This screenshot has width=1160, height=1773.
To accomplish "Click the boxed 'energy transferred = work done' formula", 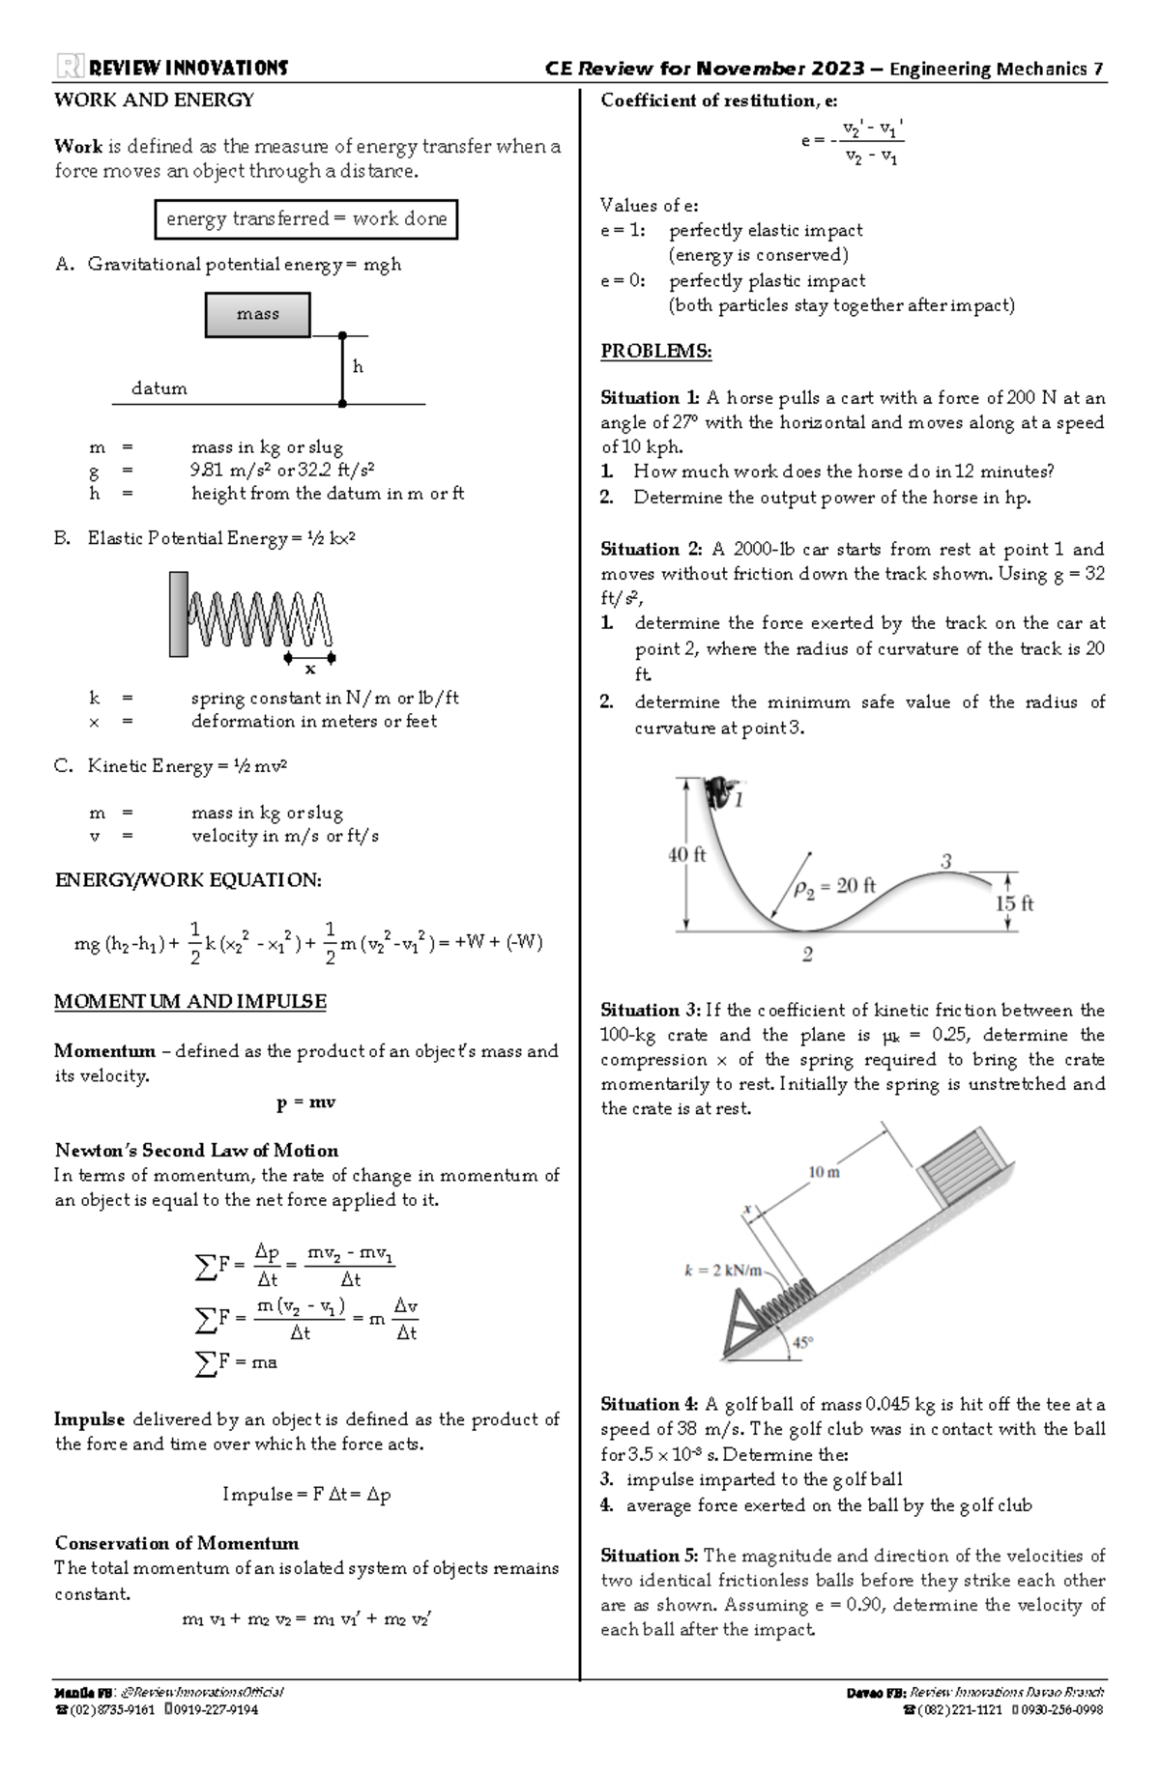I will tap(305, 219).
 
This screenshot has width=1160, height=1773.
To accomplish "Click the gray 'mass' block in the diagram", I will tap(257, 315).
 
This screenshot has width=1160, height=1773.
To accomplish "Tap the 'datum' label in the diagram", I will tap(159, 388).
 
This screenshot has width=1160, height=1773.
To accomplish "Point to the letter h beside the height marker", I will tap(358, 367).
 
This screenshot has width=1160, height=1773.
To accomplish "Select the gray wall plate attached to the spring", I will tap(178, 615).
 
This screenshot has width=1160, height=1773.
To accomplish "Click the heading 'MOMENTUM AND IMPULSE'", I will tap(190, 1002).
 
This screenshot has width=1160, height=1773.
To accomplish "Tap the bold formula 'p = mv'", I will tap(305, 1102).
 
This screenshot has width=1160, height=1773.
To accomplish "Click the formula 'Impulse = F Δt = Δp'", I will tap(306, 1495).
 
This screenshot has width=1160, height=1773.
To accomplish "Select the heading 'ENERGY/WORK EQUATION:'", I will tap(188, 880).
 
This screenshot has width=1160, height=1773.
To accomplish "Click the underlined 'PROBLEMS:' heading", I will tap(655, 351).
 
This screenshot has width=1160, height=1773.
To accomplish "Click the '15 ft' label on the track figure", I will tap(1014, 903).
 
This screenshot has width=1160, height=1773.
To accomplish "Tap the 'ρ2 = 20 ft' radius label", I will tap(834, 886).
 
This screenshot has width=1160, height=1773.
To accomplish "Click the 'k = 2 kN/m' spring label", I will tap(723, 1270).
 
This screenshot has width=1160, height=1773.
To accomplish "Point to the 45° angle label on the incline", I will tap(802, 1342).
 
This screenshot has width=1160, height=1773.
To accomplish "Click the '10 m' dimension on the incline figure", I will tap(824, 1172).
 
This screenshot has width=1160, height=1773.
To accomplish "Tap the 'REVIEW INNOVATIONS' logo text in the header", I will tap(188, 68).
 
